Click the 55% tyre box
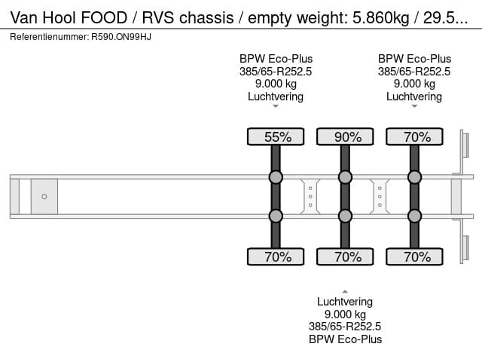(x=276, y=137)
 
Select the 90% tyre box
(x=345, y=137)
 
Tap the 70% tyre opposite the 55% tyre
(x=276, y=256)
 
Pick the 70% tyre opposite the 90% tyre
(x=345, y=256)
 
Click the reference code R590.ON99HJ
(x=120, y=36)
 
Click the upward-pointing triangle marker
(x=345, y=290)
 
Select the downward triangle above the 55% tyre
(x=276, y=106)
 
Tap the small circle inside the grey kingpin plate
(x=44, y=197)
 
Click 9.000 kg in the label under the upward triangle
(x=345, y=314)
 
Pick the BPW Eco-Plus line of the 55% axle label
(x=276, y=59)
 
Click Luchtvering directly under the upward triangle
(x=345, y=302)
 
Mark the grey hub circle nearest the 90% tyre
(x=345, y=177)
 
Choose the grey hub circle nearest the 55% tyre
(x=276, y=177)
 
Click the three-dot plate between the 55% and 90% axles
(x=310, y=197)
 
